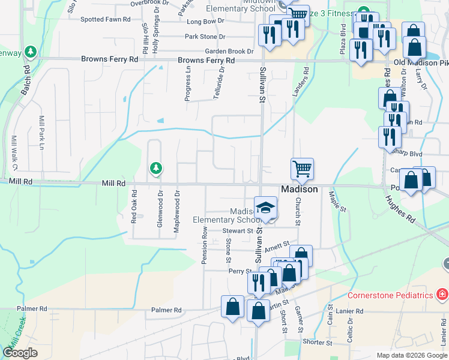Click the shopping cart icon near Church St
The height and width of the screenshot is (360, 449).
point(303,168)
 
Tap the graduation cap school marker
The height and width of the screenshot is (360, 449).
point(265,208)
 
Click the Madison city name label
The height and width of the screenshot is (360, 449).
point(300,189)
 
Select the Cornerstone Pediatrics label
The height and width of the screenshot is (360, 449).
point(390,295)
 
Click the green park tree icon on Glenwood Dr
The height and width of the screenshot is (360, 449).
point(156,168)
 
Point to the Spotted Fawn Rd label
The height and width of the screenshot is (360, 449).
point(105,20)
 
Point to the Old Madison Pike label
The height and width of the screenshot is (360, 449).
point(421,62)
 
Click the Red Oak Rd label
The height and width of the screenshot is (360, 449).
point(134,207)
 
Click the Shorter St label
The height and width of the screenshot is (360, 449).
point(318,343)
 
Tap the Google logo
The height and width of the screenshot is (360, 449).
point(20,353)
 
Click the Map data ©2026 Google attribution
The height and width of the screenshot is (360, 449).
point(412,355)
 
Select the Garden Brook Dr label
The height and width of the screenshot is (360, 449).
point(229,52)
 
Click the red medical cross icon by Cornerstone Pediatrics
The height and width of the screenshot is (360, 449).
point(442,295)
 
